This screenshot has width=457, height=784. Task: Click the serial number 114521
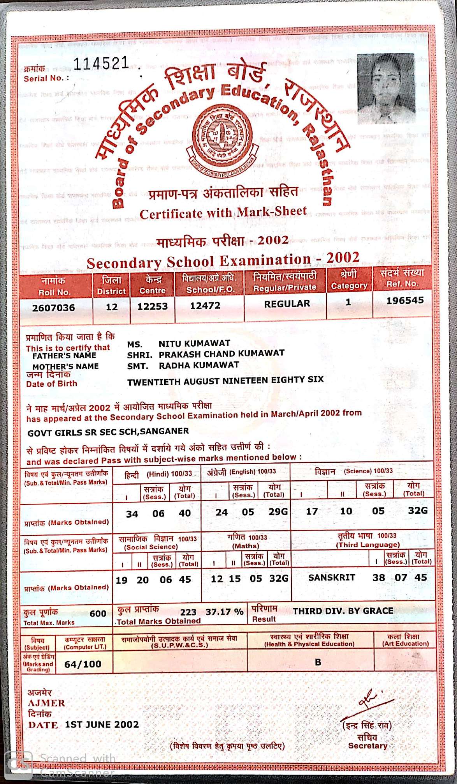(x=101, y=63)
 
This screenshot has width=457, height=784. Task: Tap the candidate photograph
(x=385, y=88)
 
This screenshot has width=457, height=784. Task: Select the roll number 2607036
(x=53, y=308)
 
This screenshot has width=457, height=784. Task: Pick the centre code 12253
(x=152, y=306)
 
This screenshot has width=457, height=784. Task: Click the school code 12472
(x=205, y=306)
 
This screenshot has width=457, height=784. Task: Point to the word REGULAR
(x=287, y=304)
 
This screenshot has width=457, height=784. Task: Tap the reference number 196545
(x=405, y=301)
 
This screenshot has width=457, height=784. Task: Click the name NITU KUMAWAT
(x=194, y=343)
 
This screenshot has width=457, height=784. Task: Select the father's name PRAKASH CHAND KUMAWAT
(x=221, y=354)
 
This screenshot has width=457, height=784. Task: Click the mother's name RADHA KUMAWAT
(x=199, y=365)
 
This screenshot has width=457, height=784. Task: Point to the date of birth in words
(x=225, y=380)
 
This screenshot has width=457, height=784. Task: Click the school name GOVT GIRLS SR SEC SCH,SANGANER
(x=108, y=432)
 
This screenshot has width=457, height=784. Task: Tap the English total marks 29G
(x=278, y=512)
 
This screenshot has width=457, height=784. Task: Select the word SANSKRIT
(x=332, y=578)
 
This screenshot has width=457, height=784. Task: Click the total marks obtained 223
(x=188, y=612)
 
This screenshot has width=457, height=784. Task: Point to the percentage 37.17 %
(x=225, y=612)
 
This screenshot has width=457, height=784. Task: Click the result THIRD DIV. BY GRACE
(x=343, y=611)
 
